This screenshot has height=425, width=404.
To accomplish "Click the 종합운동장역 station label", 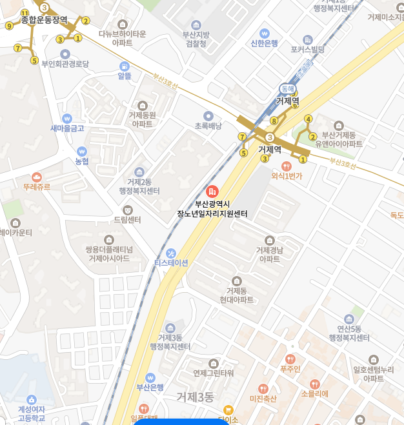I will tap(44, 20).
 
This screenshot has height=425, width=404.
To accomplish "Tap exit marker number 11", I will tap(25, 14).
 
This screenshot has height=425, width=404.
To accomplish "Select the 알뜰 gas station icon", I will tap(124, 66).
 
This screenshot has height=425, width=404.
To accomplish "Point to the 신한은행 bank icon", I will tap(264, 33).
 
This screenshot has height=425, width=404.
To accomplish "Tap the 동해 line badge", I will tap(287, 88).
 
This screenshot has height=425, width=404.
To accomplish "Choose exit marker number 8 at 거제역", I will tap(274, 121).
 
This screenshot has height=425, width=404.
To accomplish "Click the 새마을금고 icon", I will tap(67, 119).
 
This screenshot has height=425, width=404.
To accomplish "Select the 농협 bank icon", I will tap(81, 151).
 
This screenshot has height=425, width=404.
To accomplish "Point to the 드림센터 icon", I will tap(127, 210).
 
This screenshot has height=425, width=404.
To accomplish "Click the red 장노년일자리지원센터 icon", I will tap(212, 192).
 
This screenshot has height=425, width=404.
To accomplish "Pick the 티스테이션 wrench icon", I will tap(171, 253).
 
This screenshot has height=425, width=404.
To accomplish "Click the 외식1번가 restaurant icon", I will tap(287, 166).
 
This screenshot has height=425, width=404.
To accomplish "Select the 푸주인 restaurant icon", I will tap(290, 359).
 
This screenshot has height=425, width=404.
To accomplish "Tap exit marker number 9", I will tap(9, 26).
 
